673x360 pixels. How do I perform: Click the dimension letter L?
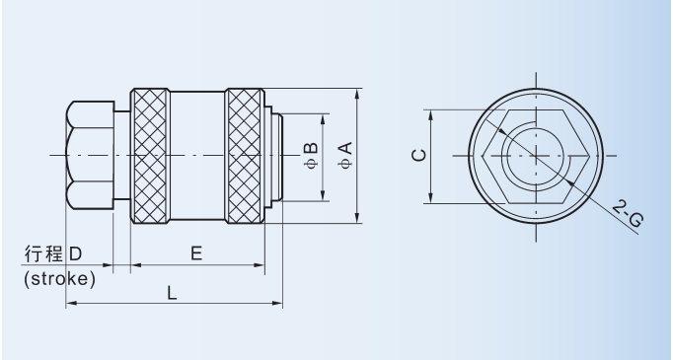tap(172, 293)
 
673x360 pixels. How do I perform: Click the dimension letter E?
tap(196, 253)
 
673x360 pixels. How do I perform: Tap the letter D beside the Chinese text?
tap(75, 254)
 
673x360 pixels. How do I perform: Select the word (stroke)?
tap(59, 279)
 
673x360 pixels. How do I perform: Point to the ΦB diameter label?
tap(311, 155)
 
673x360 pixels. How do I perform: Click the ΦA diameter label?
tap(345, 155)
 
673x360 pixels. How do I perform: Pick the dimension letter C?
tap(419, 155)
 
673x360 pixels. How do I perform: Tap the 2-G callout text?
tap(628, 213)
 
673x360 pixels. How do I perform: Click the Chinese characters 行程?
tap(43, 254)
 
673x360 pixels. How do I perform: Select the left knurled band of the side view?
tap(150, 156)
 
